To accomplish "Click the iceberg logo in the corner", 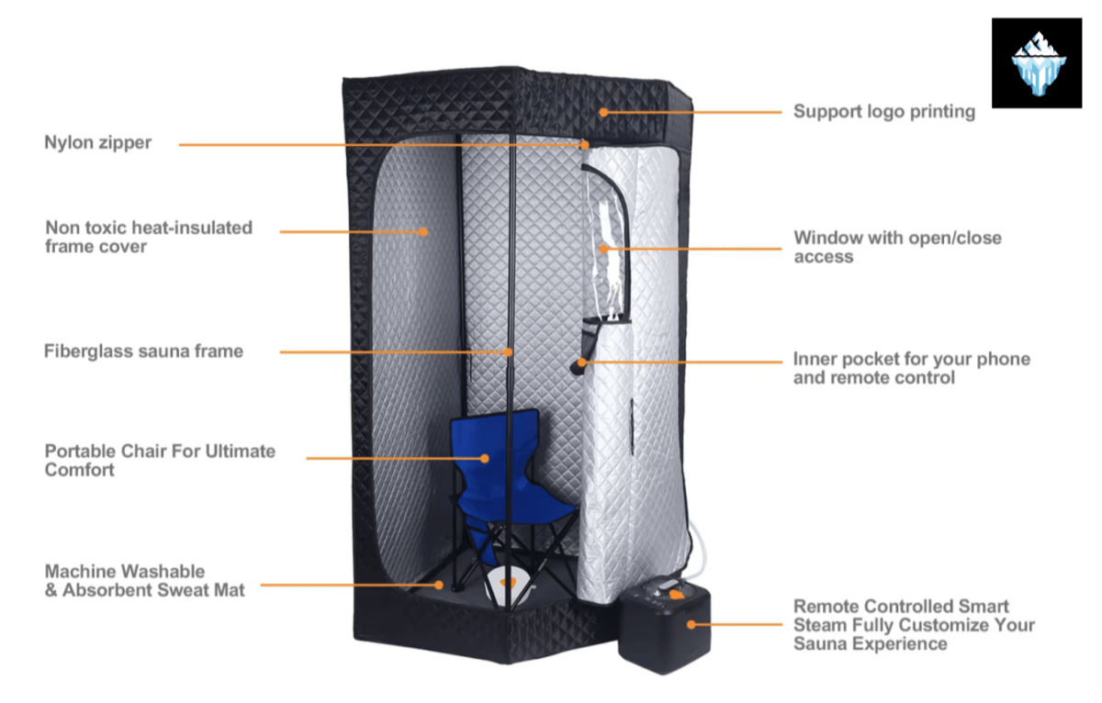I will click(x=1037, y=62).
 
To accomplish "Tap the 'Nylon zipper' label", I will click(x=98, y=143).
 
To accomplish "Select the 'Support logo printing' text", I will click(x=883, y=112).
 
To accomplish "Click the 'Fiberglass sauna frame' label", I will click(x=143, y=351).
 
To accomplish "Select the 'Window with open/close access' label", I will click(x=897, y=247).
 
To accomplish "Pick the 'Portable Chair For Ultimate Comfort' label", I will click(x=160, y=460).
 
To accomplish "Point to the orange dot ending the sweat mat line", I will click(x=439, y=584).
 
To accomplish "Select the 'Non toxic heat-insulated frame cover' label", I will click(x=148, y=236).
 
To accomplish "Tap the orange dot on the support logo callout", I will click(x=603, y=112).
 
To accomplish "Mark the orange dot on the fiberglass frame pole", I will click(x=508, y=351).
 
